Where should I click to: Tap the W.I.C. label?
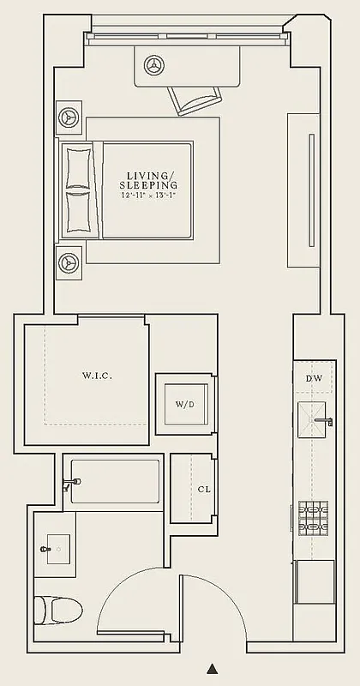[97, 376]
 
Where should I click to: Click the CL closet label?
[203, 489]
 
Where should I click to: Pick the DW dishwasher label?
[314, 378]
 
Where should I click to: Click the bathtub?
[114, 482]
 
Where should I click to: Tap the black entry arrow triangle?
[213, 668]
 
